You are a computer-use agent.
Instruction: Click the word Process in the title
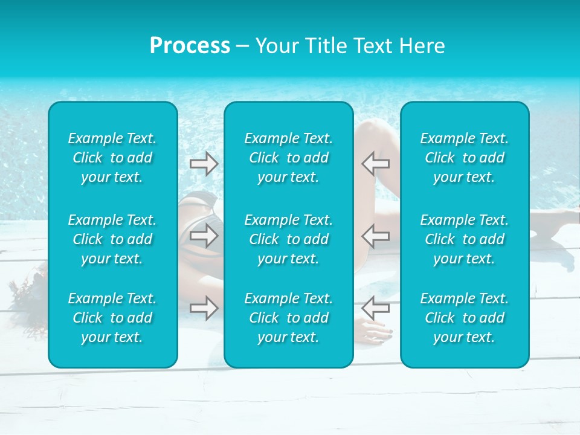tap(190, 46)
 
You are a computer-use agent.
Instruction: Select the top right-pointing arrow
tap(204, 163)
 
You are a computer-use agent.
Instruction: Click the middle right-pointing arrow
tap(204, 236)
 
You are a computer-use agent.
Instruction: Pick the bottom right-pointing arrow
tap(204, 308)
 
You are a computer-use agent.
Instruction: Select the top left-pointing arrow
tap(376, 163)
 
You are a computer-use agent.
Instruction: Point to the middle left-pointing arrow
tap(376, 236)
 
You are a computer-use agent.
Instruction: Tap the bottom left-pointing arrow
tap(376, 308)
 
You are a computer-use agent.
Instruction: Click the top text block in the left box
tap(112, 158)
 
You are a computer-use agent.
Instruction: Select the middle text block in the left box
tap(112, 239)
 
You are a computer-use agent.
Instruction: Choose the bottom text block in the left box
tap(112, 318)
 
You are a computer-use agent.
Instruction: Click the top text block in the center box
tap(288, 158)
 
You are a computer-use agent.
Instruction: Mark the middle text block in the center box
tap(288, 239)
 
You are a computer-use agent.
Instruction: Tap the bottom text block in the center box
tap(288, 318)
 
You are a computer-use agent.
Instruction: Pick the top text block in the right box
tap(464, 158)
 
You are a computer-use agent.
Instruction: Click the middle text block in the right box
tap(464, 239)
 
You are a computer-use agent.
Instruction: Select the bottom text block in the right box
tap(464, 318)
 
